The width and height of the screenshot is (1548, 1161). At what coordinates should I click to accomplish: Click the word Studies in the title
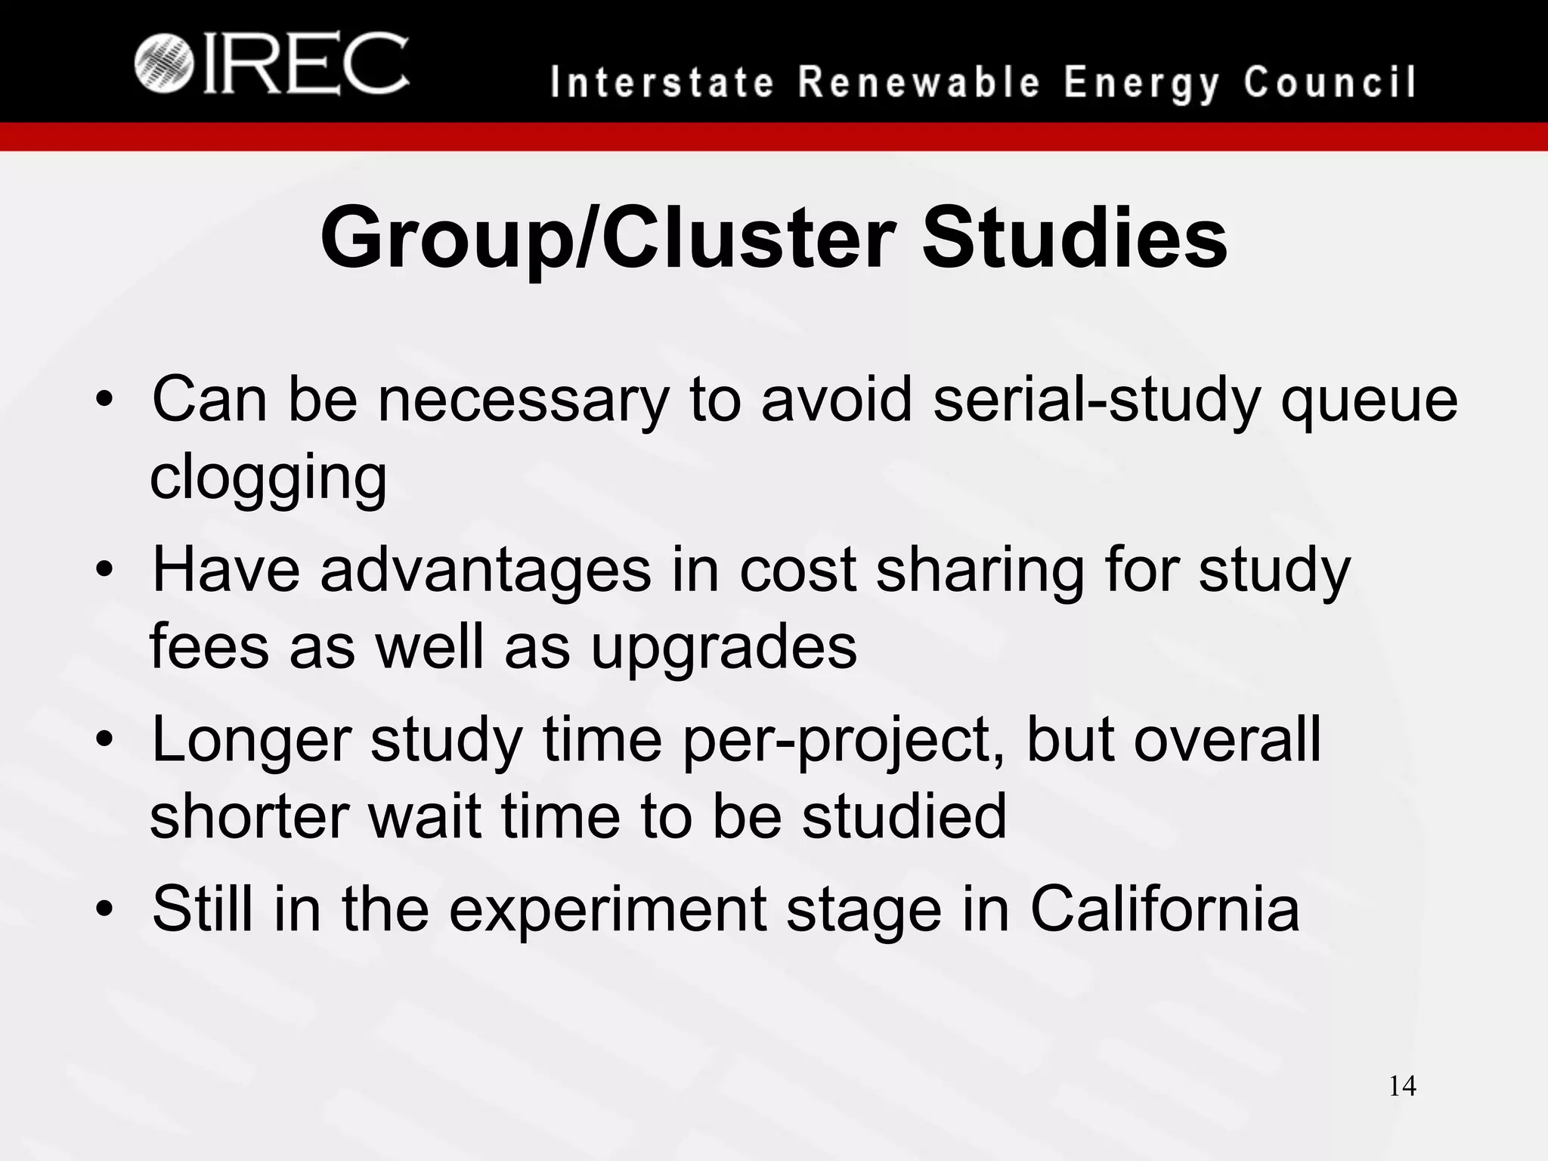click(x=1074, y=239)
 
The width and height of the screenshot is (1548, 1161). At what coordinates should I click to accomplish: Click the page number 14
click(x=1402, y=1087)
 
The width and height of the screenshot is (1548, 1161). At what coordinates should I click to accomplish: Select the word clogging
click(x=268, y=478)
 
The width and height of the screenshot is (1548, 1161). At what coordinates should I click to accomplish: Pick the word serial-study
click(x=1097, y=400)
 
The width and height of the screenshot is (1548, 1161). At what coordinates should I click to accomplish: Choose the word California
click(x=1165, y=909)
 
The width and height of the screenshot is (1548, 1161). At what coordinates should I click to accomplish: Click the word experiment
click(x=608, y=910)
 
